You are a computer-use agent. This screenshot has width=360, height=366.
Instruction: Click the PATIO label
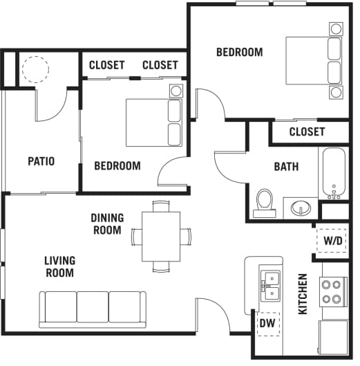pyautogui.click(x=41, y=161)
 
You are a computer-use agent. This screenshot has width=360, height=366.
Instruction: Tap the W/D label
pyautogui.click(x=333, y=241)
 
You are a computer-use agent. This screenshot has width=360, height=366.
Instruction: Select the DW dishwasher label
pyautogui.click(x=267, y=323)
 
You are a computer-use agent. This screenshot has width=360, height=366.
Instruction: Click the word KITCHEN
pyautogui.click(x=303, y=294)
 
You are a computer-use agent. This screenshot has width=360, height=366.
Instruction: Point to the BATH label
pyautogui.click(x=286, y=167)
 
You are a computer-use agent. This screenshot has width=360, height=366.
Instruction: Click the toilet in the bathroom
pyautogui.click(x=265, y=203)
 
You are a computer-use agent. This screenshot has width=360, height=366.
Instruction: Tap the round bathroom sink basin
pyautogui.click(x=301, y=208)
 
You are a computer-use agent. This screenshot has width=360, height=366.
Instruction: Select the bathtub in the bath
pyautogui.click(x=334, y=173)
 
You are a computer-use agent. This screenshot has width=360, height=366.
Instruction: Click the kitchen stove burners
pyautogui.click(x=334, y=292)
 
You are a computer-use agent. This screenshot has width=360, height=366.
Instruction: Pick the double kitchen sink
pyautogui.click(x=270, y=286)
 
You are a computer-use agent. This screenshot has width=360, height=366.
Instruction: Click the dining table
pyautogui.click(x=161, y=237)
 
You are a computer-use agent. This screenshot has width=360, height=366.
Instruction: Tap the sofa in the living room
pyautogui.click(x=93, y=309)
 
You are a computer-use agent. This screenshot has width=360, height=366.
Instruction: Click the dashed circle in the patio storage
pyautogui.click(x=35, y=69)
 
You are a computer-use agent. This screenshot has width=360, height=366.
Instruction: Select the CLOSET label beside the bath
pyautogui.click(x=307, y=132)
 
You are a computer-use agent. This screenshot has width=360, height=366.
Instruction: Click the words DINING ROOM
pyautogui.click(x=107, y=224)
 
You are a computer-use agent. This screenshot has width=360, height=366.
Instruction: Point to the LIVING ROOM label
pyautogui.click(x=60, y=267)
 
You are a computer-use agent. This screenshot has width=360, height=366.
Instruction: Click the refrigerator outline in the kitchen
pyautogui.click(x=334, y=338)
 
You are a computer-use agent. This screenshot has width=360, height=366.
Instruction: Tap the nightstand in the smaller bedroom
pyautogui.click(x=176, y=91)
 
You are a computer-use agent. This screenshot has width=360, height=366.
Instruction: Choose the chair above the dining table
pyautogui.click(x=161, y=206)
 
